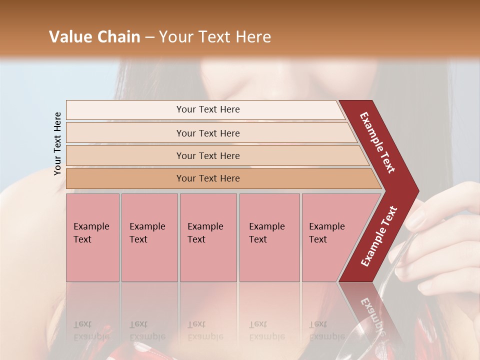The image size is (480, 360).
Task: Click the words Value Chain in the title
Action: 94,37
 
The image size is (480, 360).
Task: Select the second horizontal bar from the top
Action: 208,133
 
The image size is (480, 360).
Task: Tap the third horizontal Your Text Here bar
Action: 208,155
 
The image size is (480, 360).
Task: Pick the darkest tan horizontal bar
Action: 208,178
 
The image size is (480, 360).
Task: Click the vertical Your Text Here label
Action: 57,143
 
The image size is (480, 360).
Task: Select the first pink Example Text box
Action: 92,237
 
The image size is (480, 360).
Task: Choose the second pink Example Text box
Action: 149,237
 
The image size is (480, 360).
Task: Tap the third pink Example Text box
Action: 208,237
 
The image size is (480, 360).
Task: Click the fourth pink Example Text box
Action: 269,237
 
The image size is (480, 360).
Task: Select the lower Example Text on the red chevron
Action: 379,236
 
